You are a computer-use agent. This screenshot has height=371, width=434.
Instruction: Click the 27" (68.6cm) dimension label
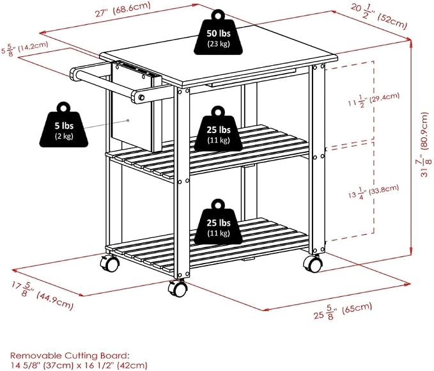(x=123, y=10)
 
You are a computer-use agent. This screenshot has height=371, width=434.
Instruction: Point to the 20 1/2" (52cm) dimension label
(x=379, y=17)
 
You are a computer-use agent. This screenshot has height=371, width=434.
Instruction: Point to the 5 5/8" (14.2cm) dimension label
(x=25, y=49)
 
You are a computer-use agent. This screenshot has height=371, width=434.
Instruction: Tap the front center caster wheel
(x=176, y=288)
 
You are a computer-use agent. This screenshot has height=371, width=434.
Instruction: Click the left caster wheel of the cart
(x=110, y=263)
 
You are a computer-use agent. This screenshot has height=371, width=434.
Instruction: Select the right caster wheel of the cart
(x=313, y=264)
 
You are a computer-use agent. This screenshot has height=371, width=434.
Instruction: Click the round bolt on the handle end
(x=141, y=97)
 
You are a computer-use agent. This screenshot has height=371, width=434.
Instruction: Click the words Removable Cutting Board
(x=70, y=356)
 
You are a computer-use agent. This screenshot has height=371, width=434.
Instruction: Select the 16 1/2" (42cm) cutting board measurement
(x=114, y=365)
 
